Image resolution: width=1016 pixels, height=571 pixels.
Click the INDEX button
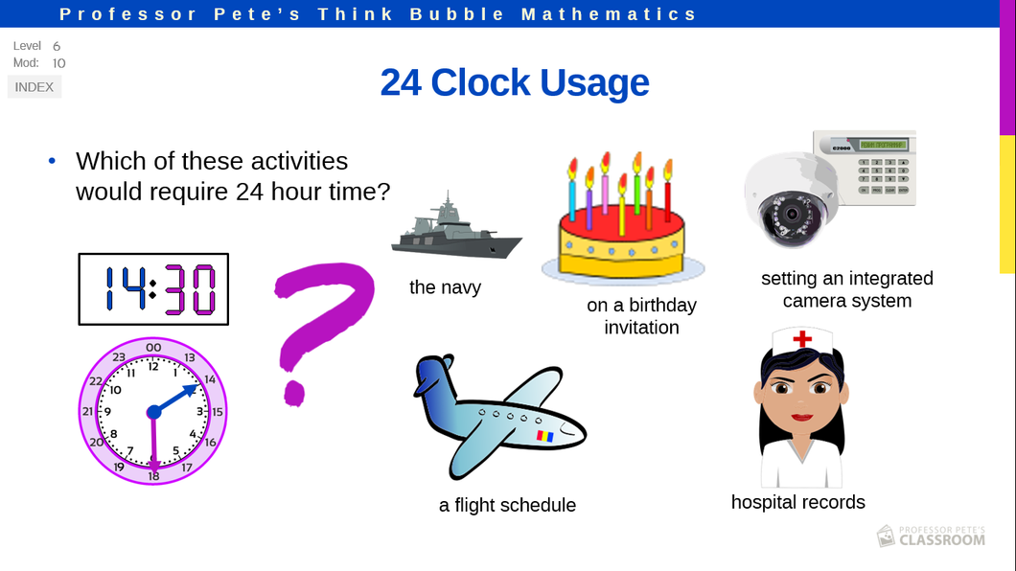pyautogui.click(x=35, y=87)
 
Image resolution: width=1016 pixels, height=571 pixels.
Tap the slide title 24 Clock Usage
pyautogui.click(x=515, y=82)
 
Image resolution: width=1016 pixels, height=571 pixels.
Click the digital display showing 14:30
pyautogui.click(x=153, y=288)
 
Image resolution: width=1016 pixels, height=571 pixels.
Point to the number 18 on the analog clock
pyautogui.click(x=153, y=476)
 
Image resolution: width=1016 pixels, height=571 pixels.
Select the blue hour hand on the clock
pyautogui.click(x=173, y=400)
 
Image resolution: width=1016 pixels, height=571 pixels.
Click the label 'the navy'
pyautogui.click(x=445, y=286)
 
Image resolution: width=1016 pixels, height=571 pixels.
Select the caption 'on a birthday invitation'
pyautogui.click(x=641, y=316)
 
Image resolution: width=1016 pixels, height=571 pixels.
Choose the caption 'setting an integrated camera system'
pyautogui.click(x=847, y=289)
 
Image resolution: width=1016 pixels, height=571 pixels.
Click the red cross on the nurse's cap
pyautogui.click(x=802, y=338)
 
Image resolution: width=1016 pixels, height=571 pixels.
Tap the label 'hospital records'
pyautogui.click(x=797, y=502)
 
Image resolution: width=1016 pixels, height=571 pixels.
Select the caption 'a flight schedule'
pyautogui.click(x=507, y=505)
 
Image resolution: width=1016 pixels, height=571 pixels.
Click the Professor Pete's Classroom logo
pyautogui.click(x=931, y=536)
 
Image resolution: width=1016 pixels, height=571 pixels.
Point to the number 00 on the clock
pyautogui.click(x=153, y=348)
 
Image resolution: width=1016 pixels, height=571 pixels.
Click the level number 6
pyautogui.click(x=57, y=46)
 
